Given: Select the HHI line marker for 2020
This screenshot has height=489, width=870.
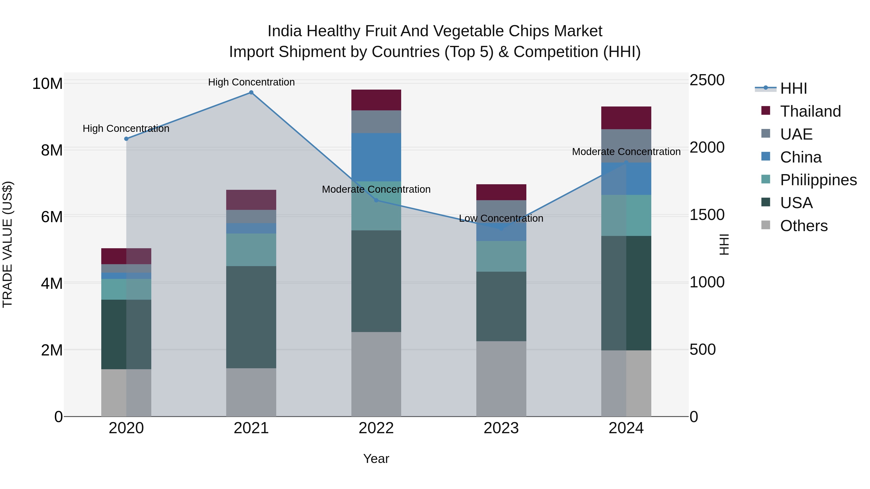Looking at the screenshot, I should tap(126, 139).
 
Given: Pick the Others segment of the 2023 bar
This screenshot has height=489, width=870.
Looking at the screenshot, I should tap(501, 379).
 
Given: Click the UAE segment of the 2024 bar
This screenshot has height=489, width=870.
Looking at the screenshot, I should tap(626, 146).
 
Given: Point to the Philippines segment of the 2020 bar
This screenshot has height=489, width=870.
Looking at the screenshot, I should tap(126, 289).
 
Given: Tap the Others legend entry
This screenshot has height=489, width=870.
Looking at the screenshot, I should tap(804, 226).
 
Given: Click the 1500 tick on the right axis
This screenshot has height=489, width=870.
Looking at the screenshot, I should tap(707, 215).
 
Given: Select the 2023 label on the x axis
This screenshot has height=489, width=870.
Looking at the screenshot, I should tap(501, 428).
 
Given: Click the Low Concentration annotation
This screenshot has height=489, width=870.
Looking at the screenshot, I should tap(501, 218).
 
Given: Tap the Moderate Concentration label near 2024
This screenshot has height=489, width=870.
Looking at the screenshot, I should tap(626, 152).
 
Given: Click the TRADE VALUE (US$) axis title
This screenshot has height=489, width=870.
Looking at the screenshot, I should tap(7, 244).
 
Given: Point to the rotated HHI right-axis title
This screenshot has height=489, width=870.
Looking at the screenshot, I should tap(724, 244).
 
